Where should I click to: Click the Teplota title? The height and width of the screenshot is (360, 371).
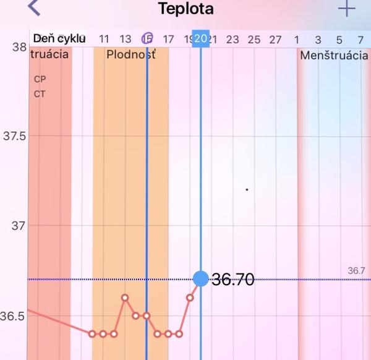[x=185, y=9]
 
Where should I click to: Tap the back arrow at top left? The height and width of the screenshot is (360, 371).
[x=34, y=9]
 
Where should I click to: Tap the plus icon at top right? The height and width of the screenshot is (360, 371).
[x=347, y=9]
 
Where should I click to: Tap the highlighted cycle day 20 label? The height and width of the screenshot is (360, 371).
[x=200, y=39]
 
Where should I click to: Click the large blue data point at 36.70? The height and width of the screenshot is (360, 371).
[x=200, y=279]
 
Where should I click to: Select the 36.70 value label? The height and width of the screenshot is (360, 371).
[x=232, y=280]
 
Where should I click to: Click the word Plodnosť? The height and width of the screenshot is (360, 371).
[x=130, y=54]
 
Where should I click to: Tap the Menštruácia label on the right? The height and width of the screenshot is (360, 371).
[x=334, y=55]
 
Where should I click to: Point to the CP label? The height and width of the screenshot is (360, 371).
[x=40, y=79]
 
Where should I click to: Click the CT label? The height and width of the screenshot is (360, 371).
[x=40, y=94]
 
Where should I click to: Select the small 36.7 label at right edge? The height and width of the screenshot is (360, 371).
[x=356, y=271]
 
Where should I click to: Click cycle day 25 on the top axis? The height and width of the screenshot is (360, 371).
[x=254, y=40]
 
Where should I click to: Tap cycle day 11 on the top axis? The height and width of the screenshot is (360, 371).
[x=104, y=40]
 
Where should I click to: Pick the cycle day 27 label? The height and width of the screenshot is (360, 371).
[x=275, y=40]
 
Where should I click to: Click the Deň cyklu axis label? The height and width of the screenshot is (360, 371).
[x=58, y=39]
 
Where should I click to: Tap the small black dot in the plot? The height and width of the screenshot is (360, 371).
[x=247, y=189]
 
